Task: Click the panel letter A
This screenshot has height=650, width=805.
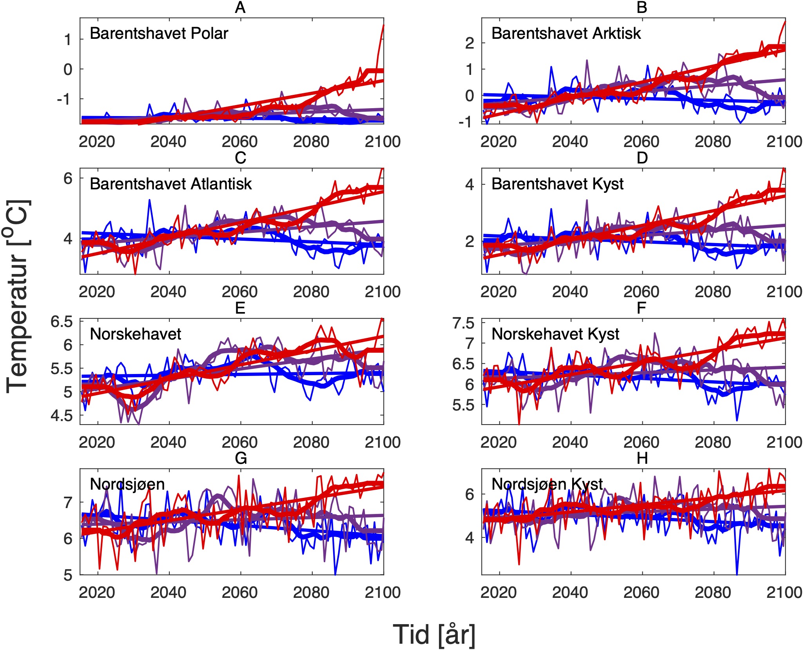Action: tap(240, 7)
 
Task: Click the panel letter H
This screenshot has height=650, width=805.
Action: tap(642, 458)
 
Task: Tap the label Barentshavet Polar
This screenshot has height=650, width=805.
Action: tap(159, 33)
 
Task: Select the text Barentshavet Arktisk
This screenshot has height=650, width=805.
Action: tap(566, 33)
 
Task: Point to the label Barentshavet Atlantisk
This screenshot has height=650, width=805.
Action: tap(170, 184)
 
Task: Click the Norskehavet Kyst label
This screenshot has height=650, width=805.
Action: tap(555, 334)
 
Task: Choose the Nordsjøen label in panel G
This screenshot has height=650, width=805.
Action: tap(127, 484)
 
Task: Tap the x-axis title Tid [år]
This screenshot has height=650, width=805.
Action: tap(434, 634)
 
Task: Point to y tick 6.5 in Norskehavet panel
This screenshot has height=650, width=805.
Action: tap(62, 322)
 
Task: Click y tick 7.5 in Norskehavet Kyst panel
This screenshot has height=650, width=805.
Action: tap(463, 323)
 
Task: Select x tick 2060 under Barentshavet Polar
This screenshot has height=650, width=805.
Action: tap(239, 142)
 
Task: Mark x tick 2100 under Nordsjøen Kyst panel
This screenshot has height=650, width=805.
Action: tap(784, 592)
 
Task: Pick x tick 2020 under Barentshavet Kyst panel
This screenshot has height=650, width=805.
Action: tap(499, 292)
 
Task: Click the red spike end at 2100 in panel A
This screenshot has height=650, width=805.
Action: tap(383, 25)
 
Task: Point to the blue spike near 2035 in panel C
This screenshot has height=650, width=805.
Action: tap(149, 200)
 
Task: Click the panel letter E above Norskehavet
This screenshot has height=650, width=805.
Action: tap(240, 308)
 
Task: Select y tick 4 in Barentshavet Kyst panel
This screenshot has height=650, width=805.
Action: tap(470, 184)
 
